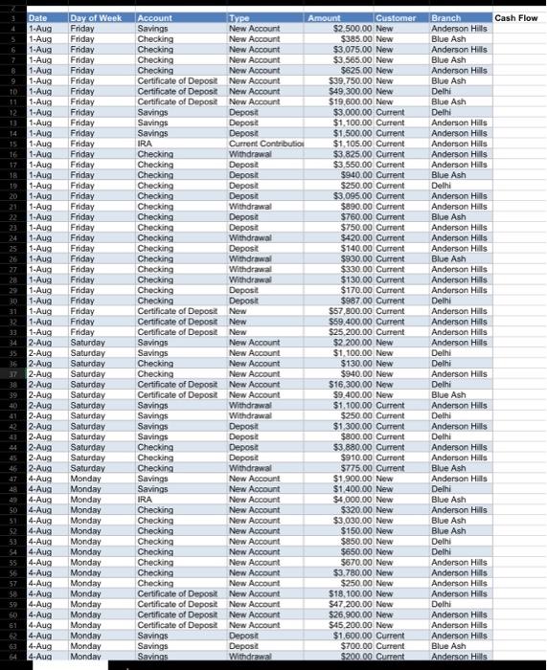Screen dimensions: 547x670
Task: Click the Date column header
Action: tap(38, 18)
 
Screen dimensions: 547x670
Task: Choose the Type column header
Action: tap(239, 18)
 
